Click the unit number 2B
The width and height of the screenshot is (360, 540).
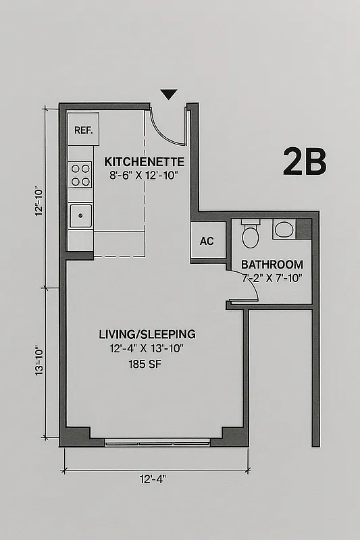(x=305, y=162)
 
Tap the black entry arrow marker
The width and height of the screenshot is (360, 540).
(x=168, y=94)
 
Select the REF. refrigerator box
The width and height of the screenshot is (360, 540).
(x=82, y=130)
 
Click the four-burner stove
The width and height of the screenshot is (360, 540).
(x=81, y=175)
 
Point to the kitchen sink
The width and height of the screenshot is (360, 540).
(x=81, y=216)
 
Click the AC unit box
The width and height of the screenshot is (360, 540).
(x=207, y=241)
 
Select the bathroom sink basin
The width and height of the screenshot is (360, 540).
(x=284, y=230)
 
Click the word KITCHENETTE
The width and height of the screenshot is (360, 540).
(x=144, y=162)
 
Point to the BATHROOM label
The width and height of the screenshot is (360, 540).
(x=272, y=265)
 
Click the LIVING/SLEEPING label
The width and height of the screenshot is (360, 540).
(x=147, y=334)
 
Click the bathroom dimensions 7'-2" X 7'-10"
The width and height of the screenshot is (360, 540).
(x=272, y=277)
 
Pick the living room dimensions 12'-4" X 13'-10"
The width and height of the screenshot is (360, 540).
(x=147, y=349)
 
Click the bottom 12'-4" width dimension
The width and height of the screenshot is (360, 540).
(x=152, y=479)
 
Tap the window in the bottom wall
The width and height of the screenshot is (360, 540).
(x=157, y=443)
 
